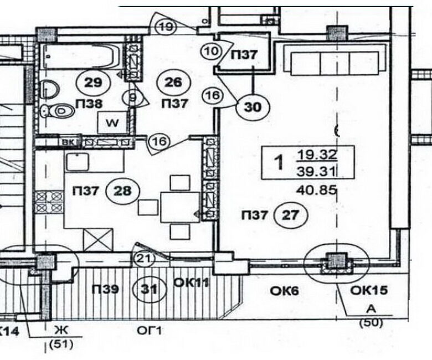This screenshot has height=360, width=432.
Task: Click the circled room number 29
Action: [94, 83]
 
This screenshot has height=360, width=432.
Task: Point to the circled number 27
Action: [290, 215]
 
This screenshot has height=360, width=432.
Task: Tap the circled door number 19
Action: [166, 26]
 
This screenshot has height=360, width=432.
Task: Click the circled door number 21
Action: [142, 257]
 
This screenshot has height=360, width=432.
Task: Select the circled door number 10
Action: [210, 53]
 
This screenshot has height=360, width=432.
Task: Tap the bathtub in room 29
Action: [80, 55]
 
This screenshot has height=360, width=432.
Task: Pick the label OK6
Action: [284, 290]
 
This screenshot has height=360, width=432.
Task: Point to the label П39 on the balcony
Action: [105, 289]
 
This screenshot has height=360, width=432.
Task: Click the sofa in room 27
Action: [332, 59]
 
